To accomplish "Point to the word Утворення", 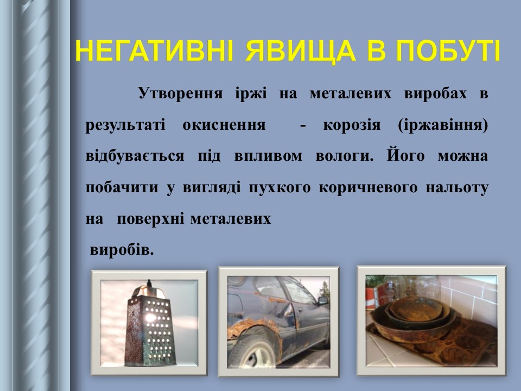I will point(180,94).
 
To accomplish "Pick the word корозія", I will point(354,125).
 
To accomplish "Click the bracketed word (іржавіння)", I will point(442,125).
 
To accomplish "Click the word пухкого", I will point(279,188).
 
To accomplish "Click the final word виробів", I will point(122,250).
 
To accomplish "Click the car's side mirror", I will point(322,299).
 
